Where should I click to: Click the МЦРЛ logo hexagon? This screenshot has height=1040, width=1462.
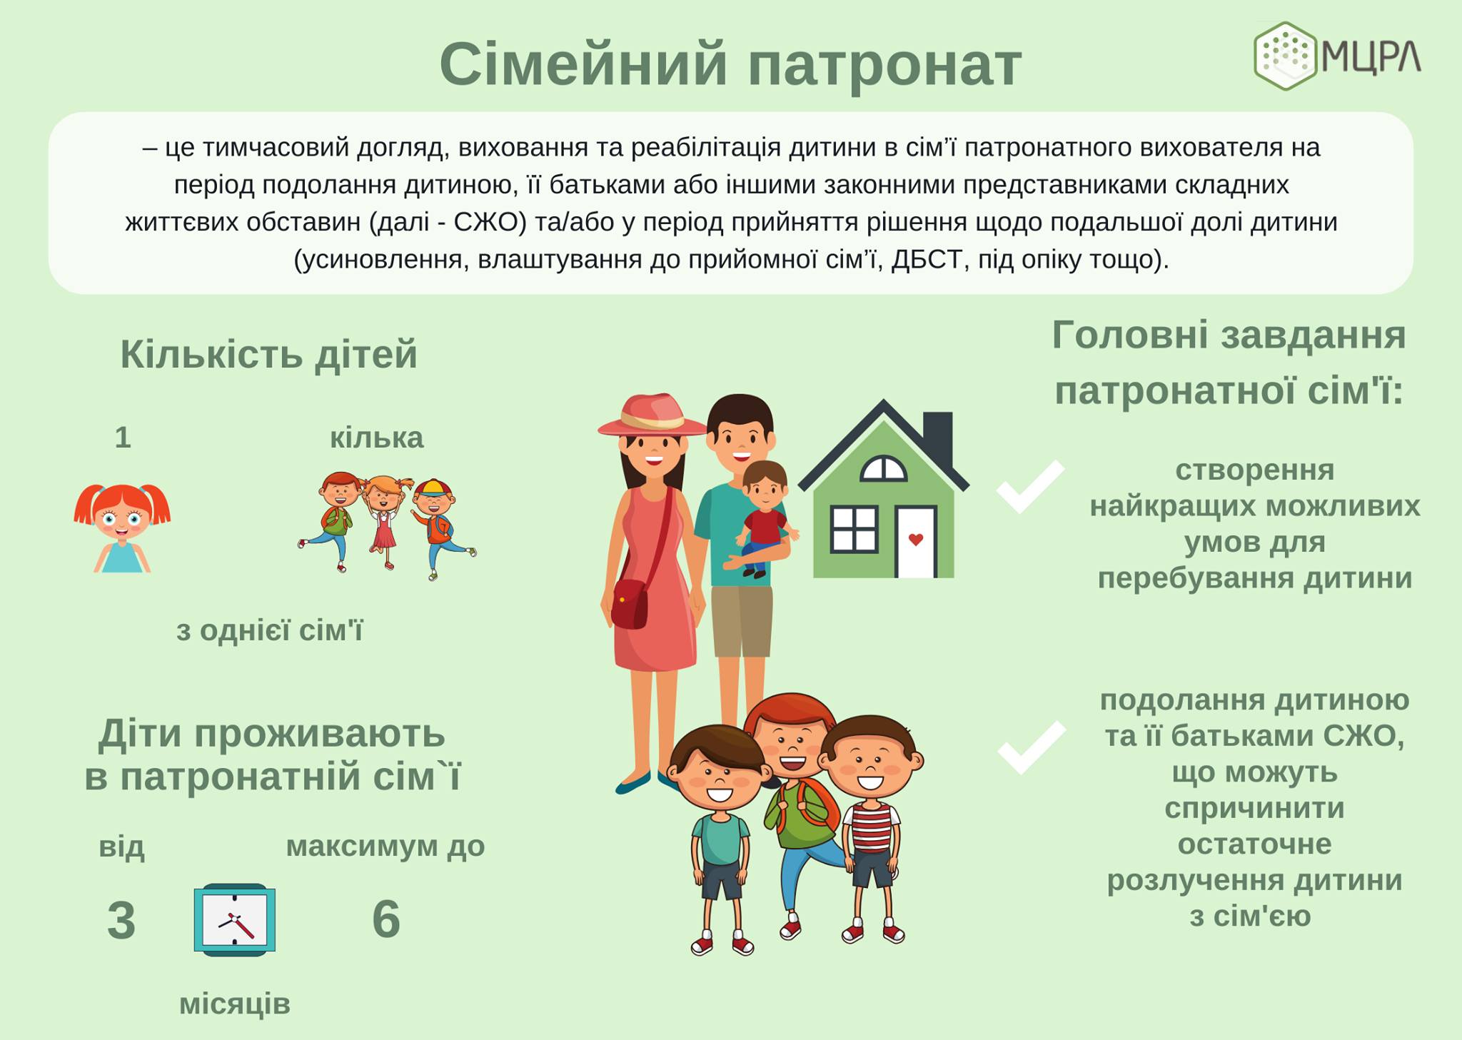1286,56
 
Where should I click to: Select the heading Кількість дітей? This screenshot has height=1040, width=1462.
268,354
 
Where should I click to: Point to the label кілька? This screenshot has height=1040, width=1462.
376,437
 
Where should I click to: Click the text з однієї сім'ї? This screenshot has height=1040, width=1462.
270,631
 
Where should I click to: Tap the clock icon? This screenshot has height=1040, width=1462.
235,919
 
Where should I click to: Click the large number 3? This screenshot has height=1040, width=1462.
121,920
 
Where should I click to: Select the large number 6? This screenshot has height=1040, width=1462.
386,919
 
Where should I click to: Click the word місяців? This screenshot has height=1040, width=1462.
235,1004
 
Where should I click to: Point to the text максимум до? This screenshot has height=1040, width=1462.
385,847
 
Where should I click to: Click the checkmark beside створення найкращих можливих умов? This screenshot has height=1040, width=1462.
1030,487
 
